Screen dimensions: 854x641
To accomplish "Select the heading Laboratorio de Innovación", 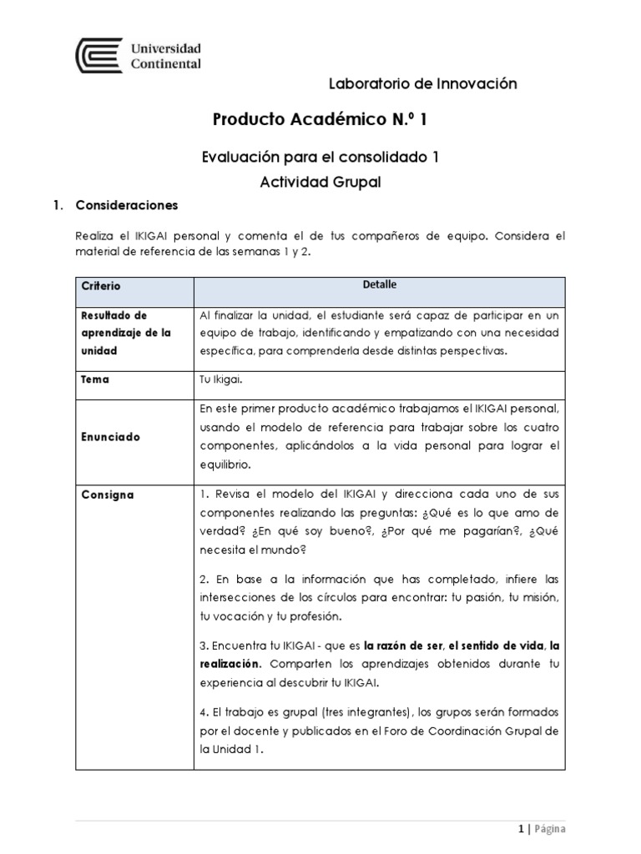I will (x=423, y=83).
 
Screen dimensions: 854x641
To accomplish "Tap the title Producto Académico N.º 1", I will (x=320, y=120).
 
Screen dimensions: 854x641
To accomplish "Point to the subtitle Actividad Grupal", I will (x=321, y=182).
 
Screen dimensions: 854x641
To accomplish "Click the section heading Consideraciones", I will (x=126, y=205).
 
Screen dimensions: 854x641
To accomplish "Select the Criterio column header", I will (x=101, y=286).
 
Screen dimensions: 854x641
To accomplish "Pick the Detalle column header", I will (x=379, y=285).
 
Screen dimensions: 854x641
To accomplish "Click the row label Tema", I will (x=95, y=379).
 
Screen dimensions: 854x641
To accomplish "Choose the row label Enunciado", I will (x=110, y=437).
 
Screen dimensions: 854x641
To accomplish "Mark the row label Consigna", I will (x=107, y=495).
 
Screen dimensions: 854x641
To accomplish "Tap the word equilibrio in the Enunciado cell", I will (x=225, y=465).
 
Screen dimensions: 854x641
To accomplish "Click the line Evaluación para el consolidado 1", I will (x=321, y=156).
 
